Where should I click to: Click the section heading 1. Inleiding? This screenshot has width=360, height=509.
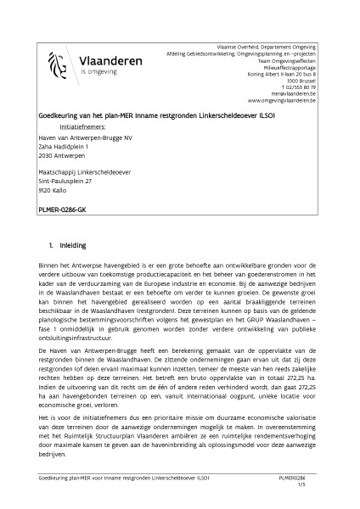pos(68,245)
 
